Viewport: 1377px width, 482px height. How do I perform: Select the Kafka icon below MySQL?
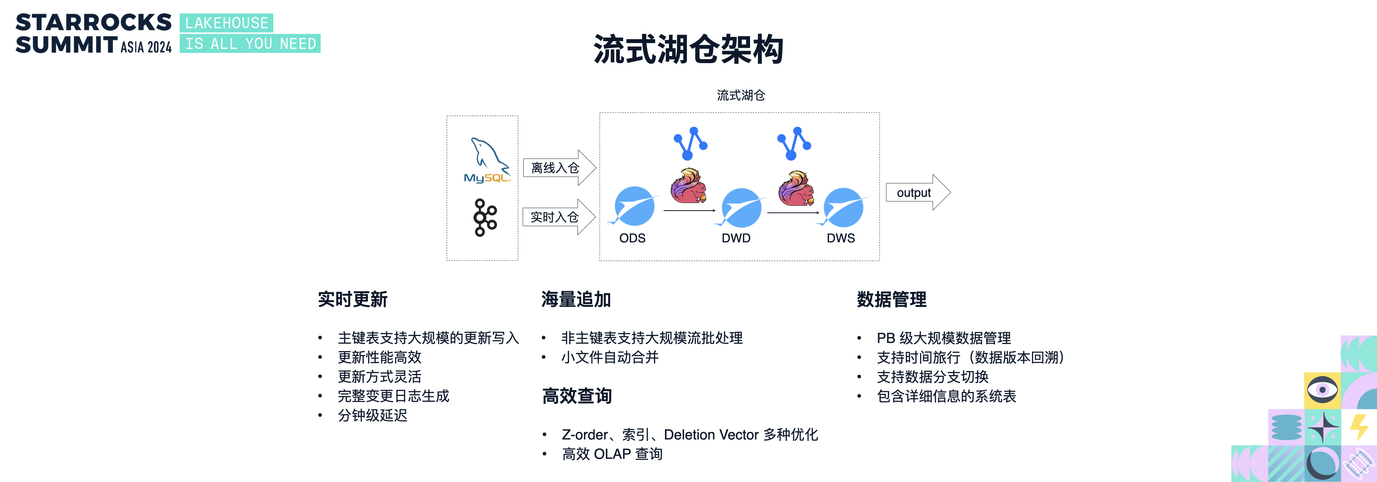(485, 217)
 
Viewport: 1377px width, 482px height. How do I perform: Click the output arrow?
(918, 192)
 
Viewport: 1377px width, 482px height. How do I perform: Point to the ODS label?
(632, 238)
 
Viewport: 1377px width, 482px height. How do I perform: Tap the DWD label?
(736, 238)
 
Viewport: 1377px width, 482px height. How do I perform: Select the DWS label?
(841, 238)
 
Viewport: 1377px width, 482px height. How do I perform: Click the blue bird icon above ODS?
(634, 206)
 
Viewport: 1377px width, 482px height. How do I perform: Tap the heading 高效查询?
(577, 396)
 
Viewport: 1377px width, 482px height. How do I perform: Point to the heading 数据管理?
(892, 299)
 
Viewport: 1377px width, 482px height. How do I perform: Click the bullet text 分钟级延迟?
(373, 415)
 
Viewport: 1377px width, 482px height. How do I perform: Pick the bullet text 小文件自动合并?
(610, 357)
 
